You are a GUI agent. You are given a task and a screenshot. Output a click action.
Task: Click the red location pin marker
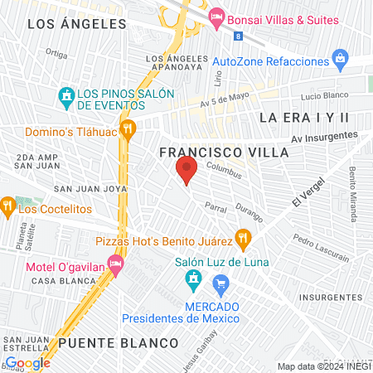pos(186,171)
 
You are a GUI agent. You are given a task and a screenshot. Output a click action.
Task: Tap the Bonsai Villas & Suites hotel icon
pos(216,16)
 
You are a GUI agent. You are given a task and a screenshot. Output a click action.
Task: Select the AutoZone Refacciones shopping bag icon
pos(339,59)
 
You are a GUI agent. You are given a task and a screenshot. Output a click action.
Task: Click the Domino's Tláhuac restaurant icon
pos(128,128)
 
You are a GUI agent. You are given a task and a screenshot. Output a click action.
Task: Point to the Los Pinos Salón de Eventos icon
pos(66,97)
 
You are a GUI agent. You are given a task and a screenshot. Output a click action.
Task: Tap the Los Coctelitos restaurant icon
pos(7,203)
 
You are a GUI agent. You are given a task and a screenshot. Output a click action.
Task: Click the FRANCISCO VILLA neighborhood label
pos(224,153)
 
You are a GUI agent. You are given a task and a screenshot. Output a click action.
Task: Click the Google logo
pos(27,362)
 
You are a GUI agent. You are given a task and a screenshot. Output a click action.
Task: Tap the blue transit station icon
pos(238,36)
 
